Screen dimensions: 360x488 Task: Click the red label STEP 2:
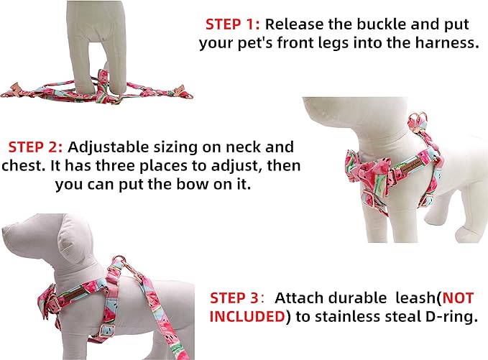point(37,147)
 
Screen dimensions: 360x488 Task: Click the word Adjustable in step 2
point(105,147)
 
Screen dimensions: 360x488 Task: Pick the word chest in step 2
point(27,166)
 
